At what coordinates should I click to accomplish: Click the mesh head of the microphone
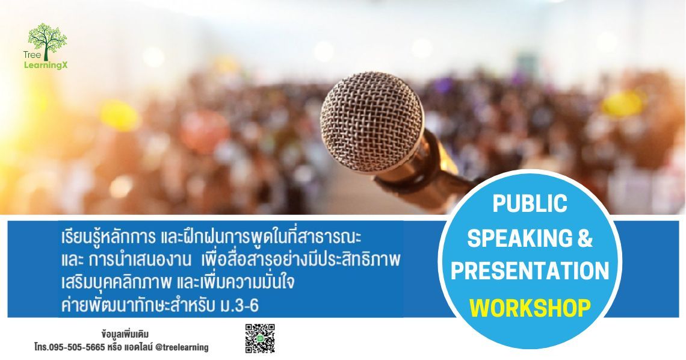[371, 115]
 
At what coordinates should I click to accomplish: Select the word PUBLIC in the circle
[530, 203]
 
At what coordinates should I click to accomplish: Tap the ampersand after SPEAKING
[584, 238]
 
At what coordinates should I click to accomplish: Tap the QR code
[260, 338]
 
